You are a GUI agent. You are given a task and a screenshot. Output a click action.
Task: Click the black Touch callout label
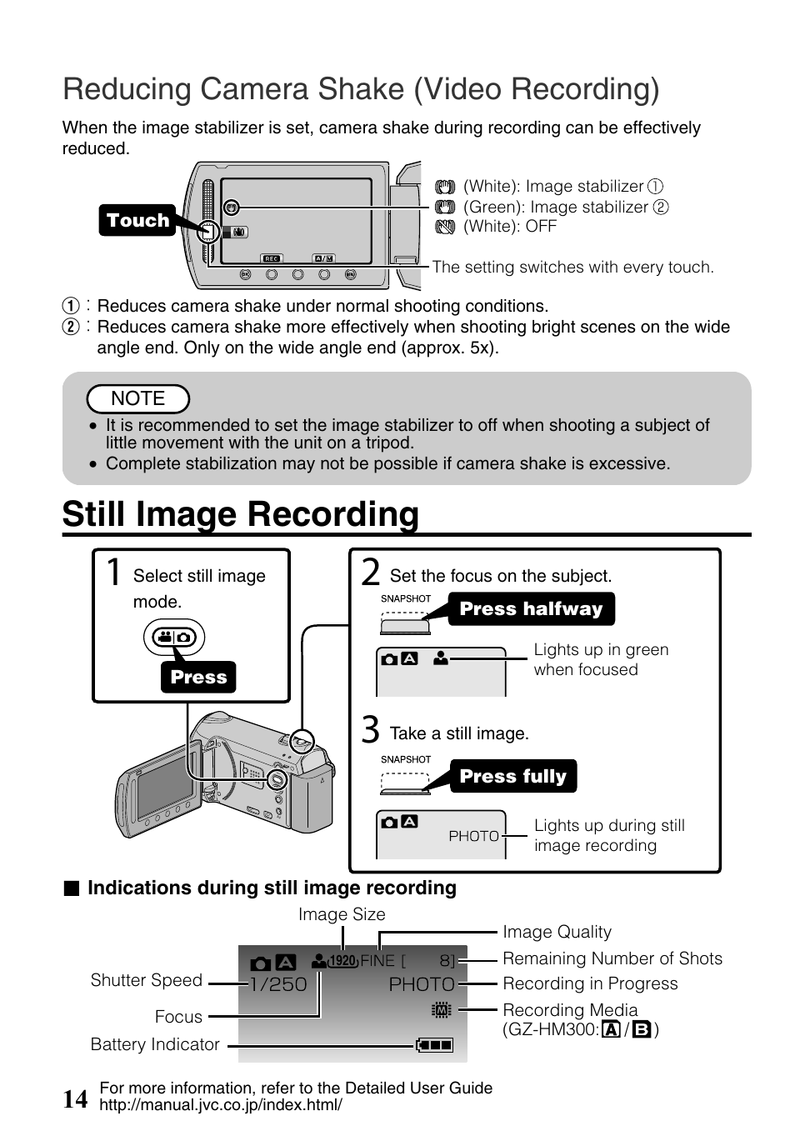137,220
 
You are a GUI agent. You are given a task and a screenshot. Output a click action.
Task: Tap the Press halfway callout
531,609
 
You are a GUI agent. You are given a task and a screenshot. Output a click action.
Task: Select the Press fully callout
512,777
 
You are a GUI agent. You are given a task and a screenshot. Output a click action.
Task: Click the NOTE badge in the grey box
138,399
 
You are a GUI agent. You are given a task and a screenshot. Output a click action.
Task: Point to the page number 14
75,1099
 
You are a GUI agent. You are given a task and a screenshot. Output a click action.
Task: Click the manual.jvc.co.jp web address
221,1105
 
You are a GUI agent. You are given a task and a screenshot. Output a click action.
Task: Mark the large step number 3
371,730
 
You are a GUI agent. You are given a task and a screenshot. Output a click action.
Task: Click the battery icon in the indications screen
434,1045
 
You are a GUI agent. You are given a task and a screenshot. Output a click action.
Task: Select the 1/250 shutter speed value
278,984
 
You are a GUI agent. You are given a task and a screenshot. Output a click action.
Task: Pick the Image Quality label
557,933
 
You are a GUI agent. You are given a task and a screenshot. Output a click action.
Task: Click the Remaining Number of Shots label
612,958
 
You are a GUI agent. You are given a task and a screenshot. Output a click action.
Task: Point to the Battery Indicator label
155,1045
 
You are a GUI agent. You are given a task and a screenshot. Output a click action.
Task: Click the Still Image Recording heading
240,514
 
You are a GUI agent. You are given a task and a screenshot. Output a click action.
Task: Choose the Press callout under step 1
198,678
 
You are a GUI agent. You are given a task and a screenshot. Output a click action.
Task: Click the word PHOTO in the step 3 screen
473,836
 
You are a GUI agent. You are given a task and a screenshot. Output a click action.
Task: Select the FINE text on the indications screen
377,960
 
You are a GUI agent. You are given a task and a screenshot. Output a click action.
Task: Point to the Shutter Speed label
147,981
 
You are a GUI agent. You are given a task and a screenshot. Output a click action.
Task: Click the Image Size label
342,914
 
